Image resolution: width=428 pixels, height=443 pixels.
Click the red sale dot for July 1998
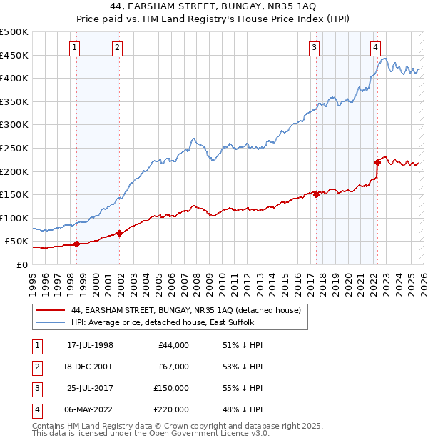pos(76,244)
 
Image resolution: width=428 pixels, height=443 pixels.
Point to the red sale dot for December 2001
pos(119,233)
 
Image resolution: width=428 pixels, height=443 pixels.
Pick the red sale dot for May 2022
pos(377,162)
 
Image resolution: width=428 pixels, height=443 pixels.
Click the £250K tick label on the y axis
pos(14,148)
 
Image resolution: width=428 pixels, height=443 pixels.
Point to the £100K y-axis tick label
pos(14,218)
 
